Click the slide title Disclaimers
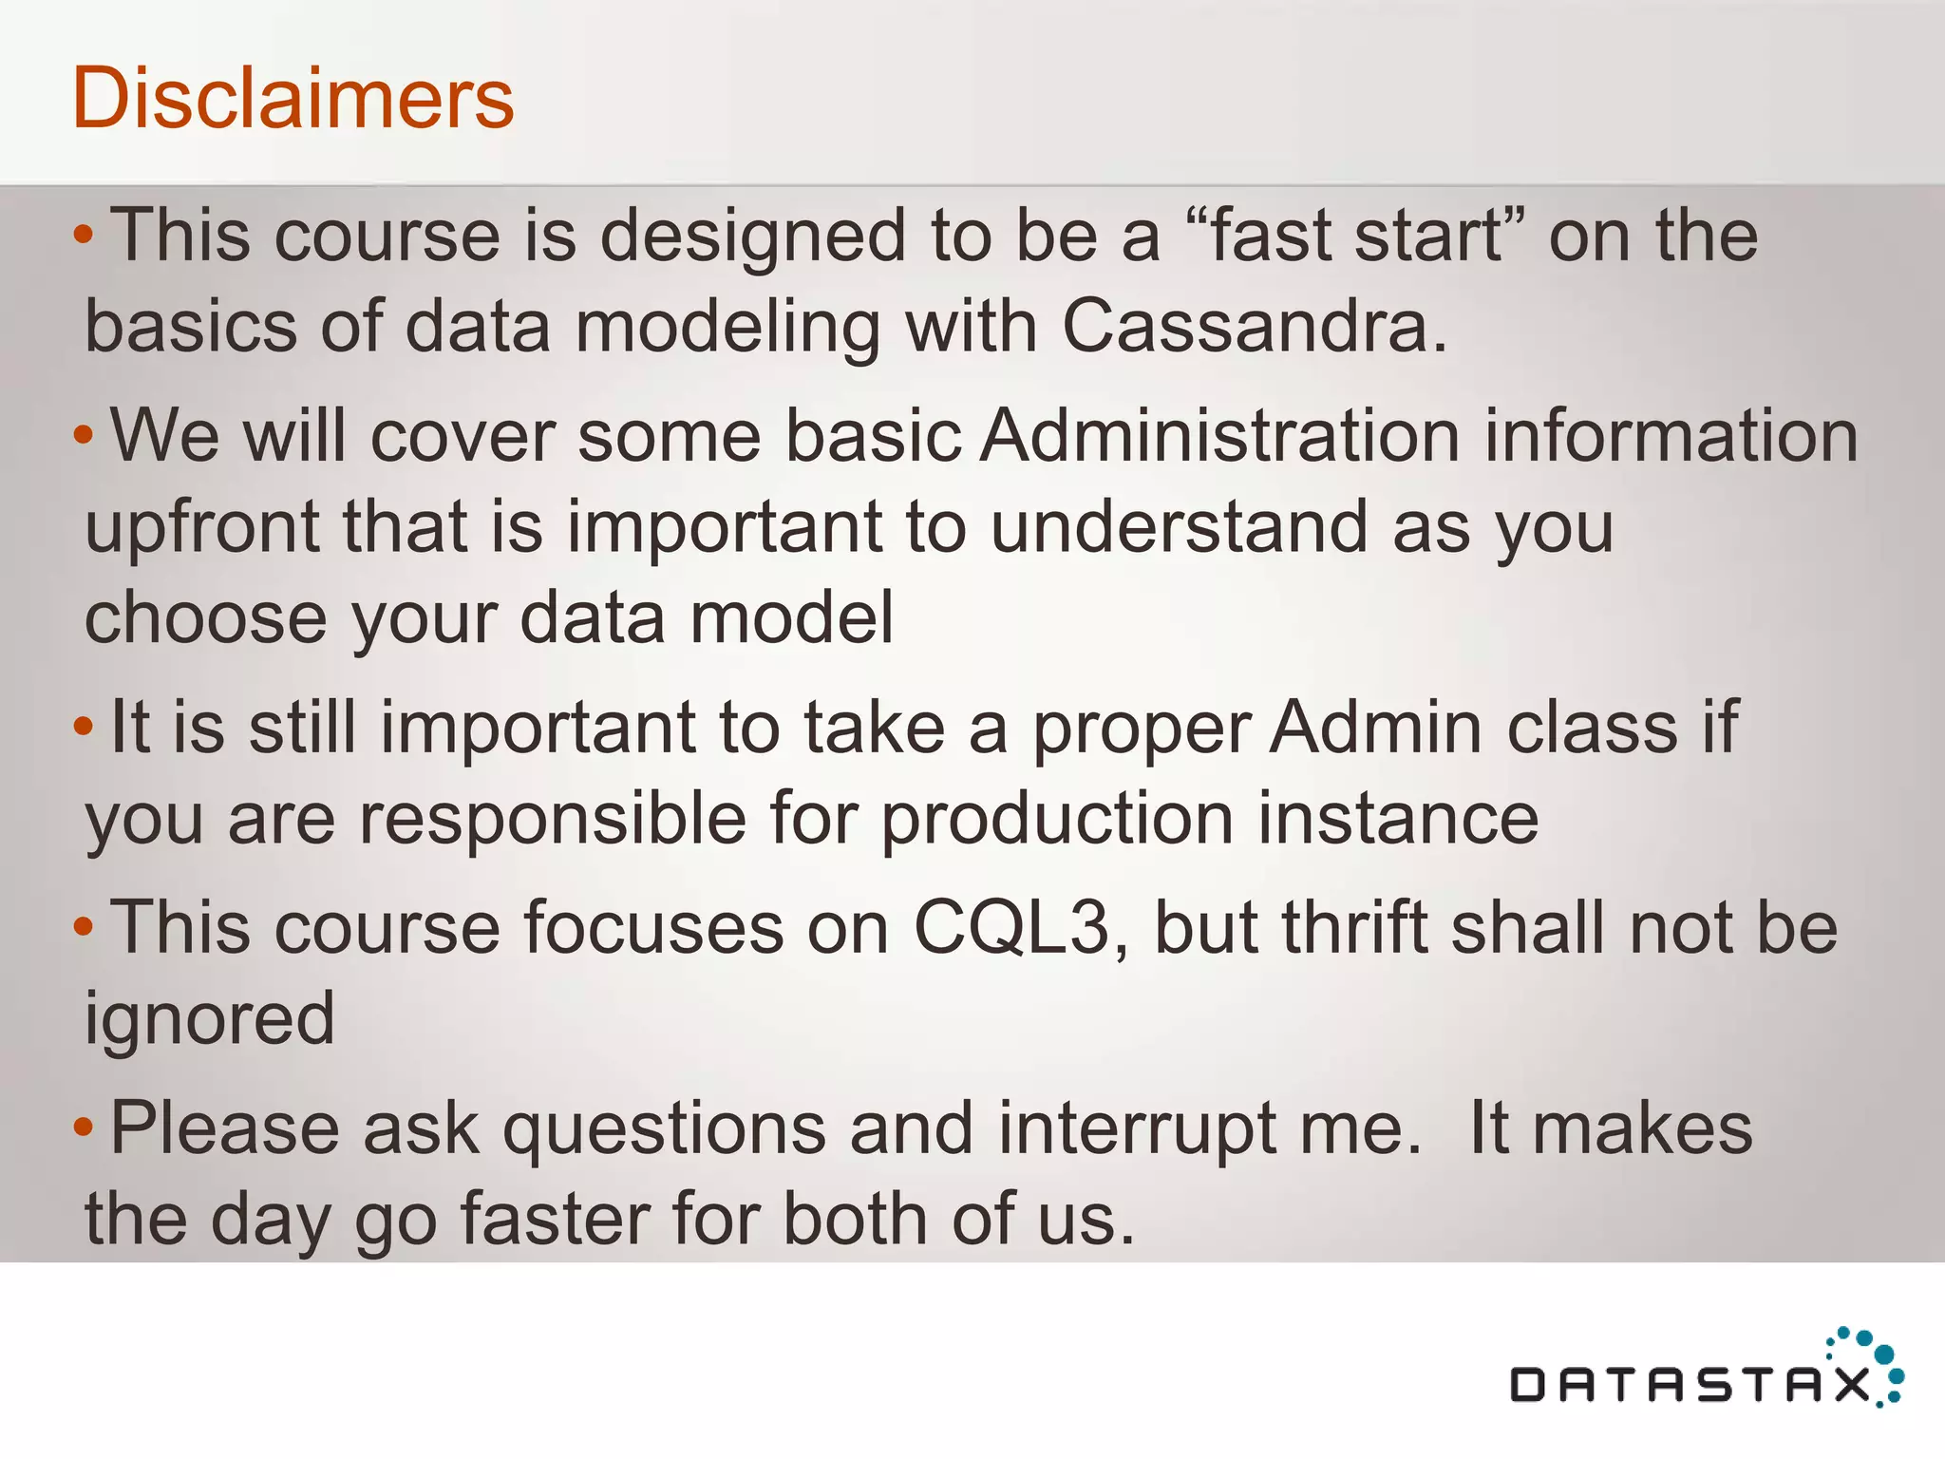293,98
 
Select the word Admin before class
1380,727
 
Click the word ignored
210,1018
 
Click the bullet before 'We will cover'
84,436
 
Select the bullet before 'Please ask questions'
84,1127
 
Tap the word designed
752,237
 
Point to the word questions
664,1129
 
